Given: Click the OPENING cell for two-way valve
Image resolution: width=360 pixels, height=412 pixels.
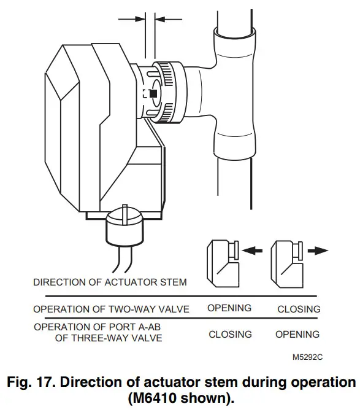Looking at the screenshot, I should [229, 308].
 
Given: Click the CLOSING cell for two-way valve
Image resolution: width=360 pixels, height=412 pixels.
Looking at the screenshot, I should [298, 309].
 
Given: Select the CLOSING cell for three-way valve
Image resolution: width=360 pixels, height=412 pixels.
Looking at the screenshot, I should [229, 335].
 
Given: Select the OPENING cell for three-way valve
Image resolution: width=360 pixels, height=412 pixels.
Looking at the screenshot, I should [297, 335].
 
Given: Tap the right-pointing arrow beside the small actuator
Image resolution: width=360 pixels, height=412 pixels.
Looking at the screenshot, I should [318, 251].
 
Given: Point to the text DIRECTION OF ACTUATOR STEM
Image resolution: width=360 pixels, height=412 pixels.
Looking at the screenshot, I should [110, 283].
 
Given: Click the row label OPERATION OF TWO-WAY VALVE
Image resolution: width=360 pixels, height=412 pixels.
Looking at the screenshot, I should [111, 308].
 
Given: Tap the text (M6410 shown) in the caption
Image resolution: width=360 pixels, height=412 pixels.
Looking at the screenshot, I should [180, 398].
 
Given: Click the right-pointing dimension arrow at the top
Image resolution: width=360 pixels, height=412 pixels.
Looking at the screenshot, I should [131, 18].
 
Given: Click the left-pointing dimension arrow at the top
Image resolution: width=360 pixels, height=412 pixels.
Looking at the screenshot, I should [167, 18].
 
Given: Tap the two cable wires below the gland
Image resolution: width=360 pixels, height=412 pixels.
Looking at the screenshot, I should [119, 260].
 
